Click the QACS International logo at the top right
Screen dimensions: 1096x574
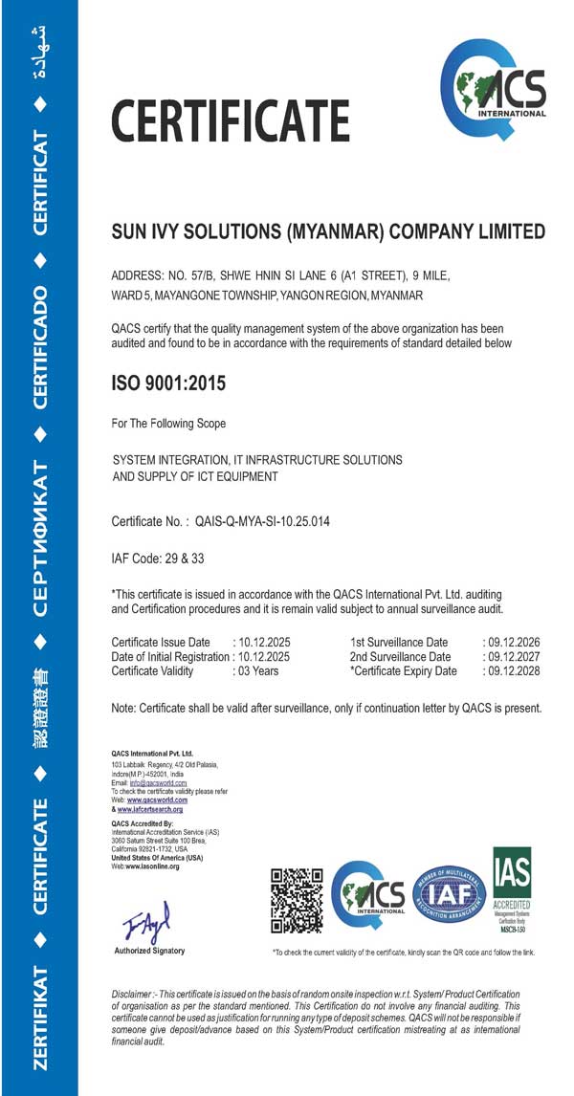coord(493,88)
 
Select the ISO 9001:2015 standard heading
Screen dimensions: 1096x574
coord(168,384)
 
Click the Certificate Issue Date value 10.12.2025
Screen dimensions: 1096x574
coord(264,642)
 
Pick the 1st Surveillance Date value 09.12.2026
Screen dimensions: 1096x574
coord(515,642)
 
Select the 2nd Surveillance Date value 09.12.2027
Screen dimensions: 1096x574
coord(515,657)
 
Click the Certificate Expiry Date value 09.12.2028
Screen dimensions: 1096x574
coord(515,671)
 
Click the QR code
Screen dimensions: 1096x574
coord(297,900)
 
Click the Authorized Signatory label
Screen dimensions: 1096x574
coord(149,952)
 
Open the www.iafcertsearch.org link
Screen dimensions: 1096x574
coord(150,809)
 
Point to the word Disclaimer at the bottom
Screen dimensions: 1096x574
coord(138,996)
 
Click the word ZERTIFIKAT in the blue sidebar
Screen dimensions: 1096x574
coord(40,1019)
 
